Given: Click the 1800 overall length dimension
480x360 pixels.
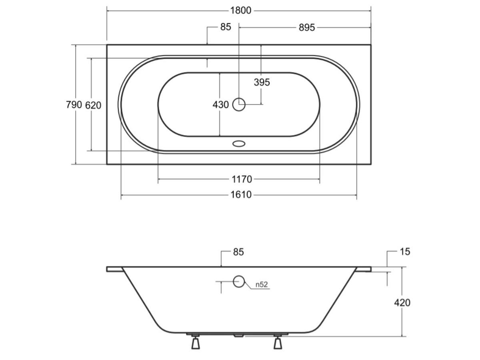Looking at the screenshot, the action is (x=241, y=11).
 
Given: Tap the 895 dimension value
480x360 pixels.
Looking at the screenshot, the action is (x=307, y=28).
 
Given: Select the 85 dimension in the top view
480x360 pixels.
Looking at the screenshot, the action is (x=226, y=27).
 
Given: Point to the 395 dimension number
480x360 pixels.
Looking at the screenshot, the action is (x=262, y=82).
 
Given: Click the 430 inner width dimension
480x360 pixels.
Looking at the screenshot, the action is (x=221, y=105).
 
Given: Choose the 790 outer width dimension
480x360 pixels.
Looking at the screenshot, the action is (x=74, y=105).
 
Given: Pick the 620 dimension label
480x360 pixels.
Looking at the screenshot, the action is (x=93, y=106).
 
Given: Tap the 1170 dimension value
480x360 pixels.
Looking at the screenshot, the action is (x=242, y=180).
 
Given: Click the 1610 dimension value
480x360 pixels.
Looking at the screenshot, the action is (x=241, y=195).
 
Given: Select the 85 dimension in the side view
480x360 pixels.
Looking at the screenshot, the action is (x=238, y=252).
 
